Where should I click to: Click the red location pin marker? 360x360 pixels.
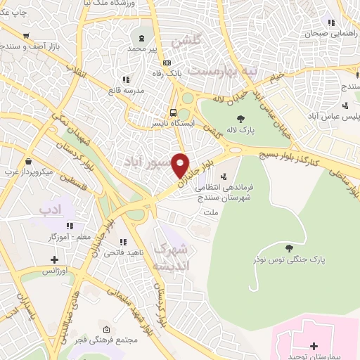(x=181, y=165)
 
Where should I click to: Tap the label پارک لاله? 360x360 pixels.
(x=241, y=130)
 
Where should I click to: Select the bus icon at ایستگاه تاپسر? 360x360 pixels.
(x=173, y=112)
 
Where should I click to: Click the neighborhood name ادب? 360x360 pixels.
(x=51, y=210)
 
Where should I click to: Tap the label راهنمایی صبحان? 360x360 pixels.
(x=331, y=33)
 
